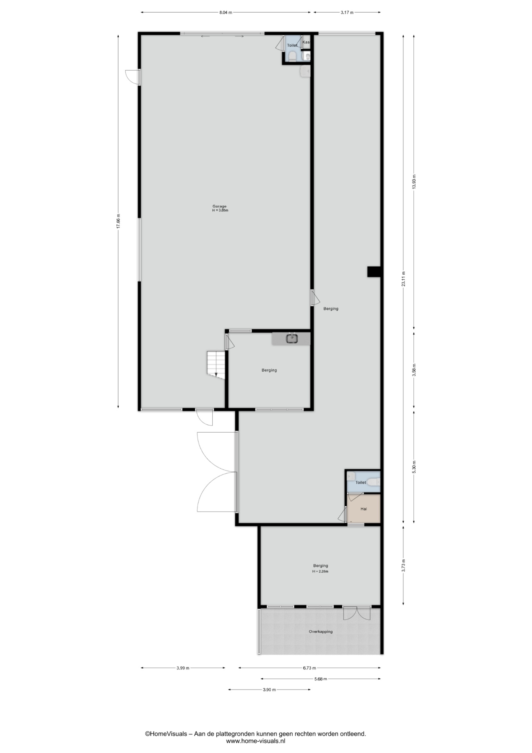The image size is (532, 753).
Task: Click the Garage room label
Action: click(x=219, y=206)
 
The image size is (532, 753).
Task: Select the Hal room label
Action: click(x=364, y=509)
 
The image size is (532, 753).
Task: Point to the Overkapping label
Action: click(x=320, y=631)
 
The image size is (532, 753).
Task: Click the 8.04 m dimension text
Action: click(x=226, y=13)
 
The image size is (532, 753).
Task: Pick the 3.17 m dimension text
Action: click(x=347, y=13)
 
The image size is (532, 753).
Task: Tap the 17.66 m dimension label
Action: click(x=118, y=221)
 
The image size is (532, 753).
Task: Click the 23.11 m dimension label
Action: click(x=404, y=279)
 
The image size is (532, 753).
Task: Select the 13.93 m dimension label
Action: click(x=414, y=182)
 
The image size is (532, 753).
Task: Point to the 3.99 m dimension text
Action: click(x=183, y=668)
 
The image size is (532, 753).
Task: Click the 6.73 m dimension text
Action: click(x=309, y=668)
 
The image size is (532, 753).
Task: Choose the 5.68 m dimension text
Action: click(x=320, y=679)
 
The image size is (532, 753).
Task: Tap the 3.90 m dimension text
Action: click(x=270, y=689)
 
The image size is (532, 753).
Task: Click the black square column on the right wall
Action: click(x=374, y=272)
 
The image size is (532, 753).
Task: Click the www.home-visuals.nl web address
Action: click(x=255, y=741)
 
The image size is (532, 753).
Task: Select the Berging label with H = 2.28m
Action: click(x=320, y=568)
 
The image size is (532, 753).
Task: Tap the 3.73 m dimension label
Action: click(x=404, y=565)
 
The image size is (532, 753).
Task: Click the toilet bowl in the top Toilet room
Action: click(x=292, y=57)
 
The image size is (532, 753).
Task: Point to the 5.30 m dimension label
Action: click(x=414, y=467)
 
